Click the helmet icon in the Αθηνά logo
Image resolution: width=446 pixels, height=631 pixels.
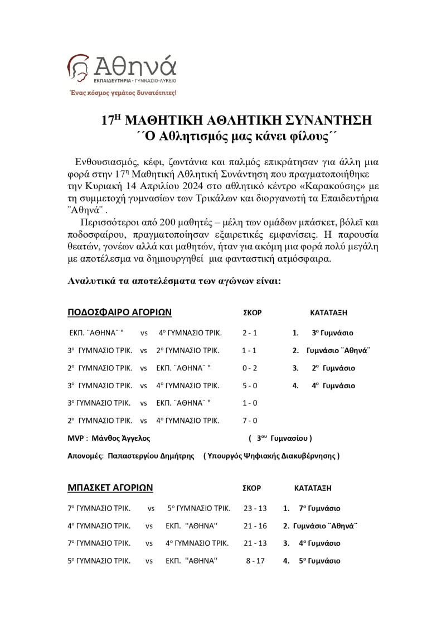[x=78, y=68]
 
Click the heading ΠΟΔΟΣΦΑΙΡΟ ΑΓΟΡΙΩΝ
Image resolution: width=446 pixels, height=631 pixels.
[x=119, y=312]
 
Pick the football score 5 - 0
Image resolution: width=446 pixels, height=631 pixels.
[x=250, y=386]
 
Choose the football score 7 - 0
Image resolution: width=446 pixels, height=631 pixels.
[x=250, y=420]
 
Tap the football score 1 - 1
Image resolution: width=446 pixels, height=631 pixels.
[x=250, y=350]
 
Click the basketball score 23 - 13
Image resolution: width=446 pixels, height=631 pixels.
[x=255, y=508]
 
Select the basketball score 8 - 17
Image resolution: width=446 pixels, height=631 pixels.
[x=255, y=561]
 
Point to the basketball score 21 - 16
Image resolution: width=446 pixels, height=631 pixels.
[x=255, y=526]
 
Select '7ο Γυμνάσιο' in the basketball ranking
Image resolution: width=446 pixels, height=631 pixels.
[x=319, y=508]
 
